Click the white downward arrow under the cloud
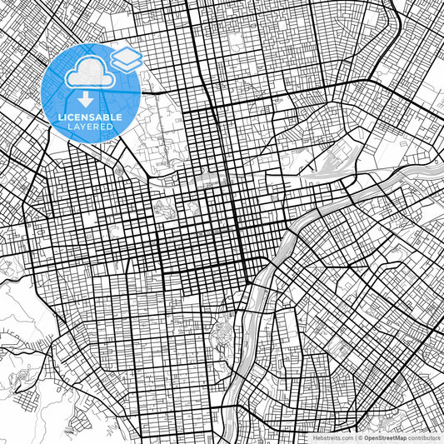coord(87,100)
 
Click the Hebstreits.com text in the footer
coord(331,437)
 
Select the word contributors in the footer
coord(423,437)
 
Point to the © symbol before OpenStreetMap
coord(360,437)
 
